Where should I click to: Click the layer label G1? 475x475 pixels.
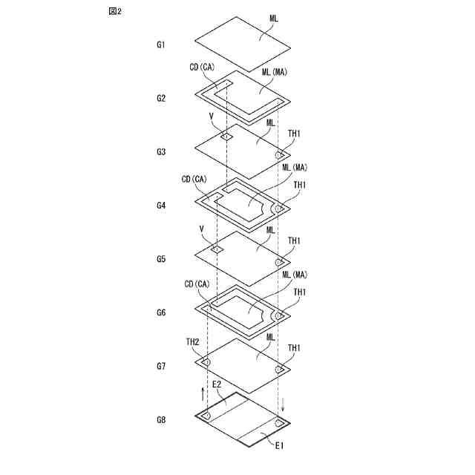tap(161, 45)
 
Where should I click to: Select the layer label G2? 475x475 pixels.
tap(161, 98)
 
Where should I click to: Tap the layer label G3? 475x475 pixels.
tap(161, 152)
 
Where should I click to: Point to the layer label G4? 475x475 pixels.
tap(161, 206)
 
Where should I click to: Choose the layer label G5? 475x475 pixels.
tap(161, 259)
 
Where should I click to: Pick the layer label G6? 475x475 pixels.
tap(161, 312)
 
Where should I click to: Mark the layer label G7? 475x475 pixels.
tap(161, 367)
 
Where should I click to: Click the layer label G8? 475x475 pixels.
tap(161, 420)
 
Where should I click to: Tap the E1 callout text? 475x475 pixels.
tap(280, 445)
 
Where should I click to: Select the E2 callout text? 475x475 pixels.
tap(217, 384)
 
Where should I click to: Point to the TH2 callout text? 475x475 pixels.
tap(192, 341)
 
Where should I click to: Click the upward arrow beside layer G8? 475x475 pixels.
tap(203, 393)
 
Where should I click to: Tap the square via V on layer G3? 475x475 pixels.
tap(226, 137)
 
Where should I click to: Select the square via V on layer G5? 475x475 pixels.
tap(217, 249)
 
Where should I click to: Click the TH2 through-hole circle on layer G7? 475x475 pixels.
tap(206, 361)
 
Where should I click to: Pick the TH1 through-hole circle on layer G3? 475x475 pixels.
tap(280, 154)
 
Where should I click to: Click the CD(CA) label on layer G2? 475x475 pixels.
tap(201, 67)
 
